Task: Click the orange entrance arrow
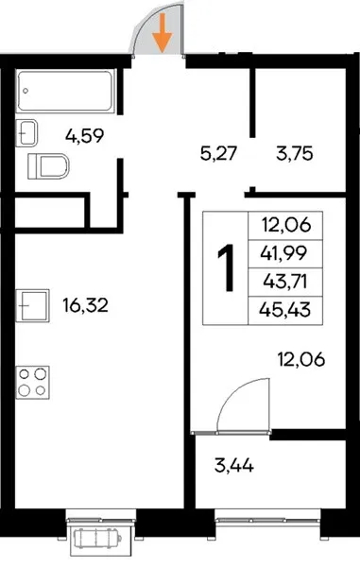click(x=163, y=32)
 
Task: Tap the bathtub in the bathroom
click(x=66, y=91)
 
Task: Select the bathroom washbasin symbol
click(x=26, y=132)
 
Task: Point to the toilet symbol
click(x=48, y=166)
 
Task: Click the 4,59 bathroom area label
click(x=85, y=136)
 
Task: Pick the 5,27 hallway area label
click(x=218, y=153)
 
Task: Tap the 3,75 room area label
click(x=294, y=153)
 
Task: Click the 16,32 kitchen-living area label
click(x=85, y=305)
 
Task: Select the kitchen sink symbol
click(x=32, y=305)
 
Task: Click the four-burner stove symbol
click(x=32, y=382)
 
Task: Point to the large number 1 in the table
click(x=226, y=267)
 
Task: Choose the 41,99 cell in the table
click(x=284, y=253)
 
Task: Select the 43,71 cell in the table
click(x=285, y=282)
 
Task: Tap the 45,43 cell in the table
click(x=284, y=310)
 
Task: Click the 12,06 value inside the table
click(x=286, y=225)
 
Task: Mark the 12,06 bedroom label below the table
click(x=301, y=359)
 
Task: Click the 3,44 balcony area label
click(x=233, y=465)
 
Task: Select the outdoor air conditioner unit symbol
click(x=96, y=538)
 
